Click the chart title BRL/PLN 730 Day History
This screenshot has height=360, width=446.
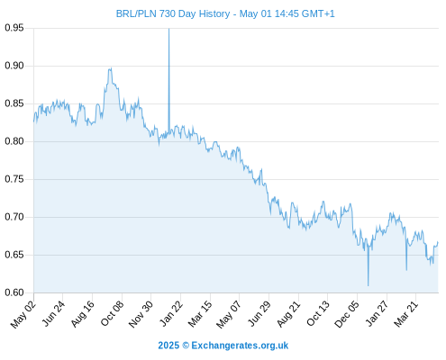pos(173,13)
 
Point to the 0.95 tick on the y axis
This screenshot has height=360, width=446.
pos(14,28)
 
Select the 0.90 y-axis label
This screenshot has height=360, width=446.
pos(14,66)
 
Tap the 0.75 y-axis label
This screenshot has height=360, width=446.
pos(14,179)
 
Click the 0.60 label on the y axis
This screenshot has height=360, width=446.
pos(14,292)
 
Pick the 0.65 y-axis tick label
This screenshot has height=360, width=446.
pos(14,255)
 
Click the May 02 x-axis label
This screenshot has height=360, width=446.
pos(23,315)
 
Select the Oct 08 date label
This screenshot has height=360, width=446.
pos(112,313)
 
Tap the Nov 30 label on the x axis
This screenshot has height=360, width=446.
pos(141,314)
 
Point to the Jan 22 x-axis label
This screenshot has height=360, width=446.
pos(170,314)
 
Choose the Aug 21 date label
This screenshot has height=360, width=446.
pos(288,314)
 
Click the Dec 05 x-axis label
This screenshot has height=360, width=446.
pos(347,314)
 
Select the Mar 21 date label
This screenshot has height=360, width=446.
pos(405,314)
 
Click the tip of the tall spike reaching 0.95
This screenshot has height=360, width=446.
pos(168,29)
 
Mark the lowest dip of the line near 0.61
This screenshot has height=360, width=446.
pos(368,285)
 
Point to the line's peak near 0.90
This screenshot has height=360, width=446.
pos(111,68)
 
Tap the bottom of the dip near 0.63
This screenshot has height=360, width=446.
pos(406,270)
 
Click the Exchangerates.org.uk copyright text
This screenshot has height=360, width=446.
pos(240,346)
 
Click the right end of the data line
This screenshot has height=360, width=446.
pos(438,242)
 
